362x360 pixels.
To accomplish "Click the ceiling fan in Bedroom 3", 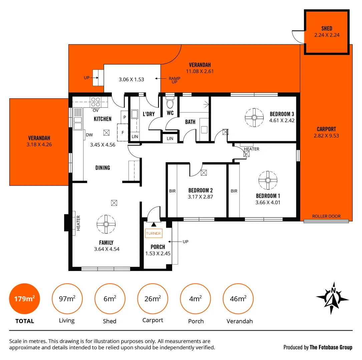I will pos(254,117).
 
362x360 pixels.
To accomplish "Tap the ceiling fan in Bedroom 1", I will pos(268,180).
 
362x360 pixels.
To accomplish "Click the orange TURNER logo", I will pos(153,233).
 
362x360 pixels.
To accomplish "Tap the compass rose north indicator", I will pos(332,298).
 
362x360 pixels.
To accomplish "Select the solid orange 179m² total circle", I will pos(25,299).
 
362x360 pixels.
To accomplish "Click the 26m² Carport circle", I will pos(153,299).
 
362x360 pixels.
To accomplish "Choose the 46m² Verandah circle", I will pos(238,299).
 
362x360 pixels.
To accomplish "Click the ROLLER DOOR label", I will pos(326,216).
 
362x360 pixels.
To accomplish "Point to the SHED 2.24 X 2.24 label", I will pos(327,32).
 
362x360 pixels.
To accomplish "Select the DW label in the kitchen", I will pos(89,135).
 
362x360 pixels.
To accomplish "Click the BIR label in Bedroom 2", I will pos(172,191).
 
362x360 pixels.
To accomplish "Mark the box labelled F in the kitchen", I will pos(123,132).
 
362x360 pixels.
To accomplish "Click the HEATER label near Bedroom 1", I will pos(251,149).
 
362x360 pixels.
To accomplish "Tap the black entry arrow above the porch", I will pos(153,225).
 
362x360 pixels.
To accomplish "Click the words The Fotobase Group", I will pos(331,347).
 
